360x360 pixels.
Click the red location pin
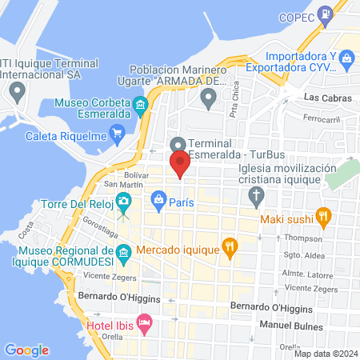pyautogui.click(x=180, y=163)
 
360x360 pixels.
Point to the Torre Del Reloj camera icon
pyautogui.click(x=123, y=200)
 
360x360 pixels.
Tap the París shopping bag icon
pyautogui.click(x=159, y=198)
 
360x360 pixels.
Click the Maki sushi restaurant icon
pyautogui.click(x=323, y=214)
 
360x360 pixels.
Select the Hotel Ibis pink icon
pyautogui.click(x=144, y=324)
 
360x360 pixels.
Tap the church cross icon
pyautogui.click(x=256, y=195)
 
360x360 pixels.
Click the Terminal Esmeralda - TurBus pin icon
pyautogui.click(x=178, y=145)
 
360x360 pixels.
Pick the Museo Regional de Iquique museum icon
pyautogui.click(x=123, y=254)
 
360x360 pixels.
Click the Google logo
pyautogui.click(x=26, y=350)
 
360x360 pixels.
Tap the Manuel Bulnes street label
pyautogui.click(x=291, y=326)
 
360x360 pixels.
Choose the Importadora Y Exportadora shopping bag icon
pyautogui.click(x=346, y=58)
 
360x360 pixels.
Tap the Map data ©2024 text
pyautogui.click(x=325, y=353)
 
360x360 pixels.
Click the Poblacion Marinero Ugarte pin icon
pyautogui.click(x=209, y=99)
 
